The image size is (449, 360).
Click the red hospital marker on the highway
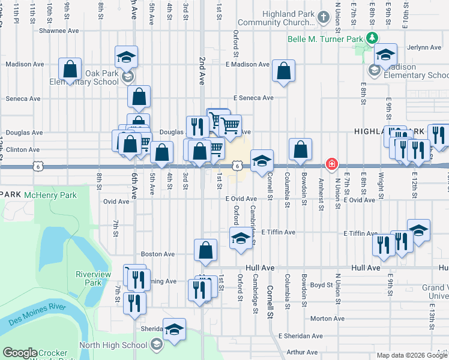click(x=331, y=164)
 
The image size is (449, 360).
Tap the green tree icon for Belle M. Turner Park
click(x=373, y=38)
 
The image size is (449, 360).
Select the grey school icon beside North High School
click(x=156, y=344)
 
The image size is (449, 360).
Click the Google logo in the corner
click(x=20, y=353)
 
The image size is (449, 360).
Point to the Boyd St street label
click(x=322, y=285)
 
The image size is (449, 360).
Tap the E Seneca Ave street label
click(x=253, y=98)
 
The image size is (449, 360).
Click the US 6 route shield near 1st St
click(x=238, y=165)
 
